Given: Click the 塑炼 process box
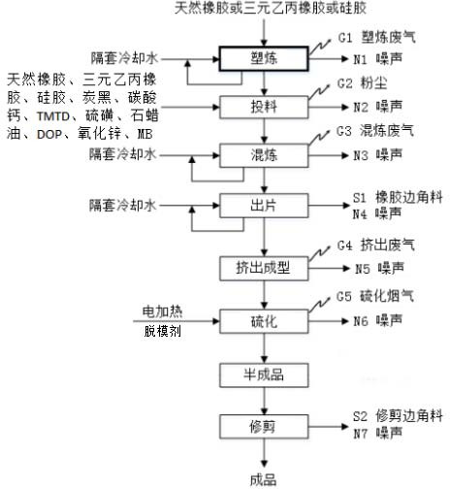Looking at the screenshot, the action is pos(264,58).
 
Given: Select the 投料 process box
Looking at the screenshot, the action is pos(264,107).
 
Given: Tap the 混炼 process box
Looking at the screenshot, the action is pos(264,155).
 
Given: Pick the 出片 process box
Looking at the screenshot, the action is pos(264,206).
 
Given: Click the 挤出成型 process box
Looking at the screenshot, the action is pos(264,268).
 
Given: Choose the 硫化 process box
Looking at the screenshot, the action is pos(264,321).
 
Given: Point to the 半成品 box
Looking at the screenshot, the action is pos(264,375).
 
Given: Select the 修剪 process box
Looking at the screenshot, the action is pos(264,427).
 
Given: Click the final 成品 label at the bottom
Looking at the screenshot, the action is pos(264,480).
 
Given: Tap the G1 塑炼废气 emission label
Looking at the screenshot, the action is pos(376,38).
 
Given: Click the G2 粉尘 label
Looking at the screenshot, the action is pos(362,83).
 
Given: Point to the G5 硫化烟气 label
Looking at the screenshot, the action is pos(375,296).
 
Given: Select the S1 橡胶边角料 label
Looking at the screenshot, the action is pos(398,197).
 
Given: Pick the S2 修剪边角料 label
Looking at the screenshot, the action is pos(398,415).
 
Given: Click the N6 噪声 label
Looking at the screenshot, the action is pos(377,320).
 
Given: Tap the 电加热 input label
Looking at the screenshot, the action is pos(163,311).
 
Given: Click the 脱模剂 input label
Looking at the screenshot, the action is pos(163,331).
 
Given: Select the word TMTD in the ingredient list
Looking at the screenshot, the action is pos(53,116).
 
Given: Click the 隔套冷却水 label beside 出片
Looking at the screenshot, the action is pos(123,206).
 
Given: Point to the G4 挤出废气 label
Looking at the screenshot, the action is pos(376,245).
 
